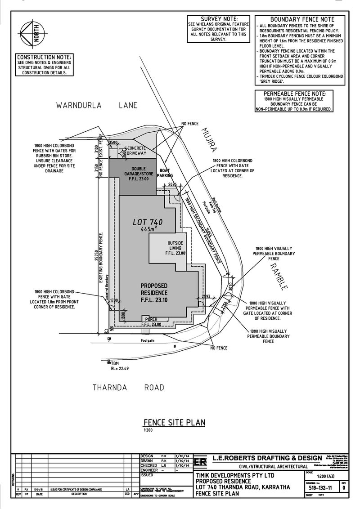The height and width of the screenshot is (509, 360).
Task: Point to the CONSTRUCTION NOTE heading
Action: click(x=44, y=58)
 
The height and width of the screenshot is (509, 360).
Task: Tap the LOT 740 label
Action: click(x=148, y=222)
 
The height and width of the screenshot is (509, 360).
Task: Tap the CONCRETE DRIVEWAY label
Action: click(x=138, y=151)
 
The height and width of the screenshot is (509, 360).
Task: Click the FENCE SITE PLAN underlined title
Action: click(x=174, y=422)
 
